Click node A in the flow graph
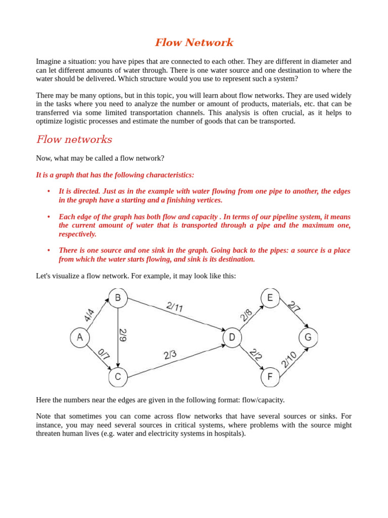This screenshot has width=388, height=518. tap(79, 337)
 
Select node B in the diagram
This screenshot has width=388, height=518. tap(118, 298)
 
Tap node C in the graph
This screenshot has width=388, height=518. tap(118, 376)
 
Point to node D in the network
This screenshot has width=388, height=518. tap(232, 337)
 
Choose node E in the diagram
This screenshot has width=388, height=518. tap(270, 298)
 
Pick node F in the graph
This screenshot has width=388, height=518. tap(270, 376)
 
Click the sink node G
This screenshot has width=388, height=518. tap(308, 337)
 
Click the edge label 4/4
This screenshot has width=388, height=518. tap(89, 316)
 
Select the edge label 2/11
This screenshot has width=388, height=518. tap(174, 307)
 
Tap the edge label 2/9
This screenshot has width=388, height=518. tap(123, 335)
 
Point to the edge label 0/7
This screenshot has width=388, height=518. tap(104, 354)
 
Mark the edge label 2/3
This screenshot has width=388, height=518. tap(170, 355)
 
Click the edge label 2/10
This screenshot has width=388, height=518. tap(289, 360)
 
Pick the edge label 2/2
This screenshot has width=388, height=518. tap(256, 354)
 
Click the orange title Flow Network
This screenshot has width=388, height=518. tap(194, 42)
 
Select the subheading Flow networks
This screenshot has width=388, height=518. tap(74, 140)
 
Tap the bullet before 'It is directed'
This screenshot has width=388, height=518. tap(48, 191)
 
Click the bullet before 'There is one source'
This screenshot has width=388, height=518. tap(48, 250)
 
